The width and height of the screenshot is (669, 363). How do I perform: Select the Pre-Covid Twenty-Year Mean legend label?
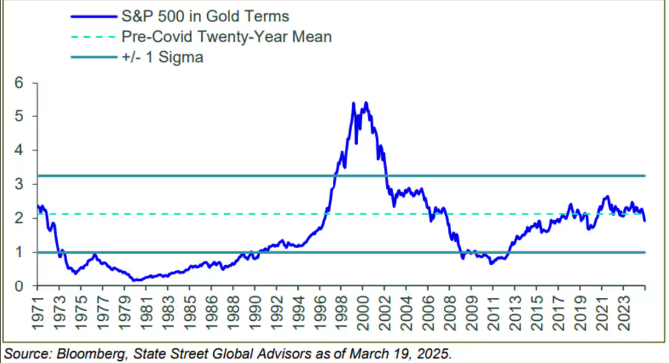pos(226,37)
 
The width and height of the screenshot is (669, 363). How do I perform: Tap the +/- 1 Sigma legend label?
pos(162,57)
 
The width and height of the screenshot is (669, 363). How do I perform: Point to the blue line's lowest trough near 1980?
pos(134,280)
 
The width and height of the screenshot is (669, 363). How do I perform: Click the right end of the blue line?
pos(645,221)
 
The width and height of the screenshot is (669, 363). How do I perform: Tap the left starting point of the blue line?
pos(38,207)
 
